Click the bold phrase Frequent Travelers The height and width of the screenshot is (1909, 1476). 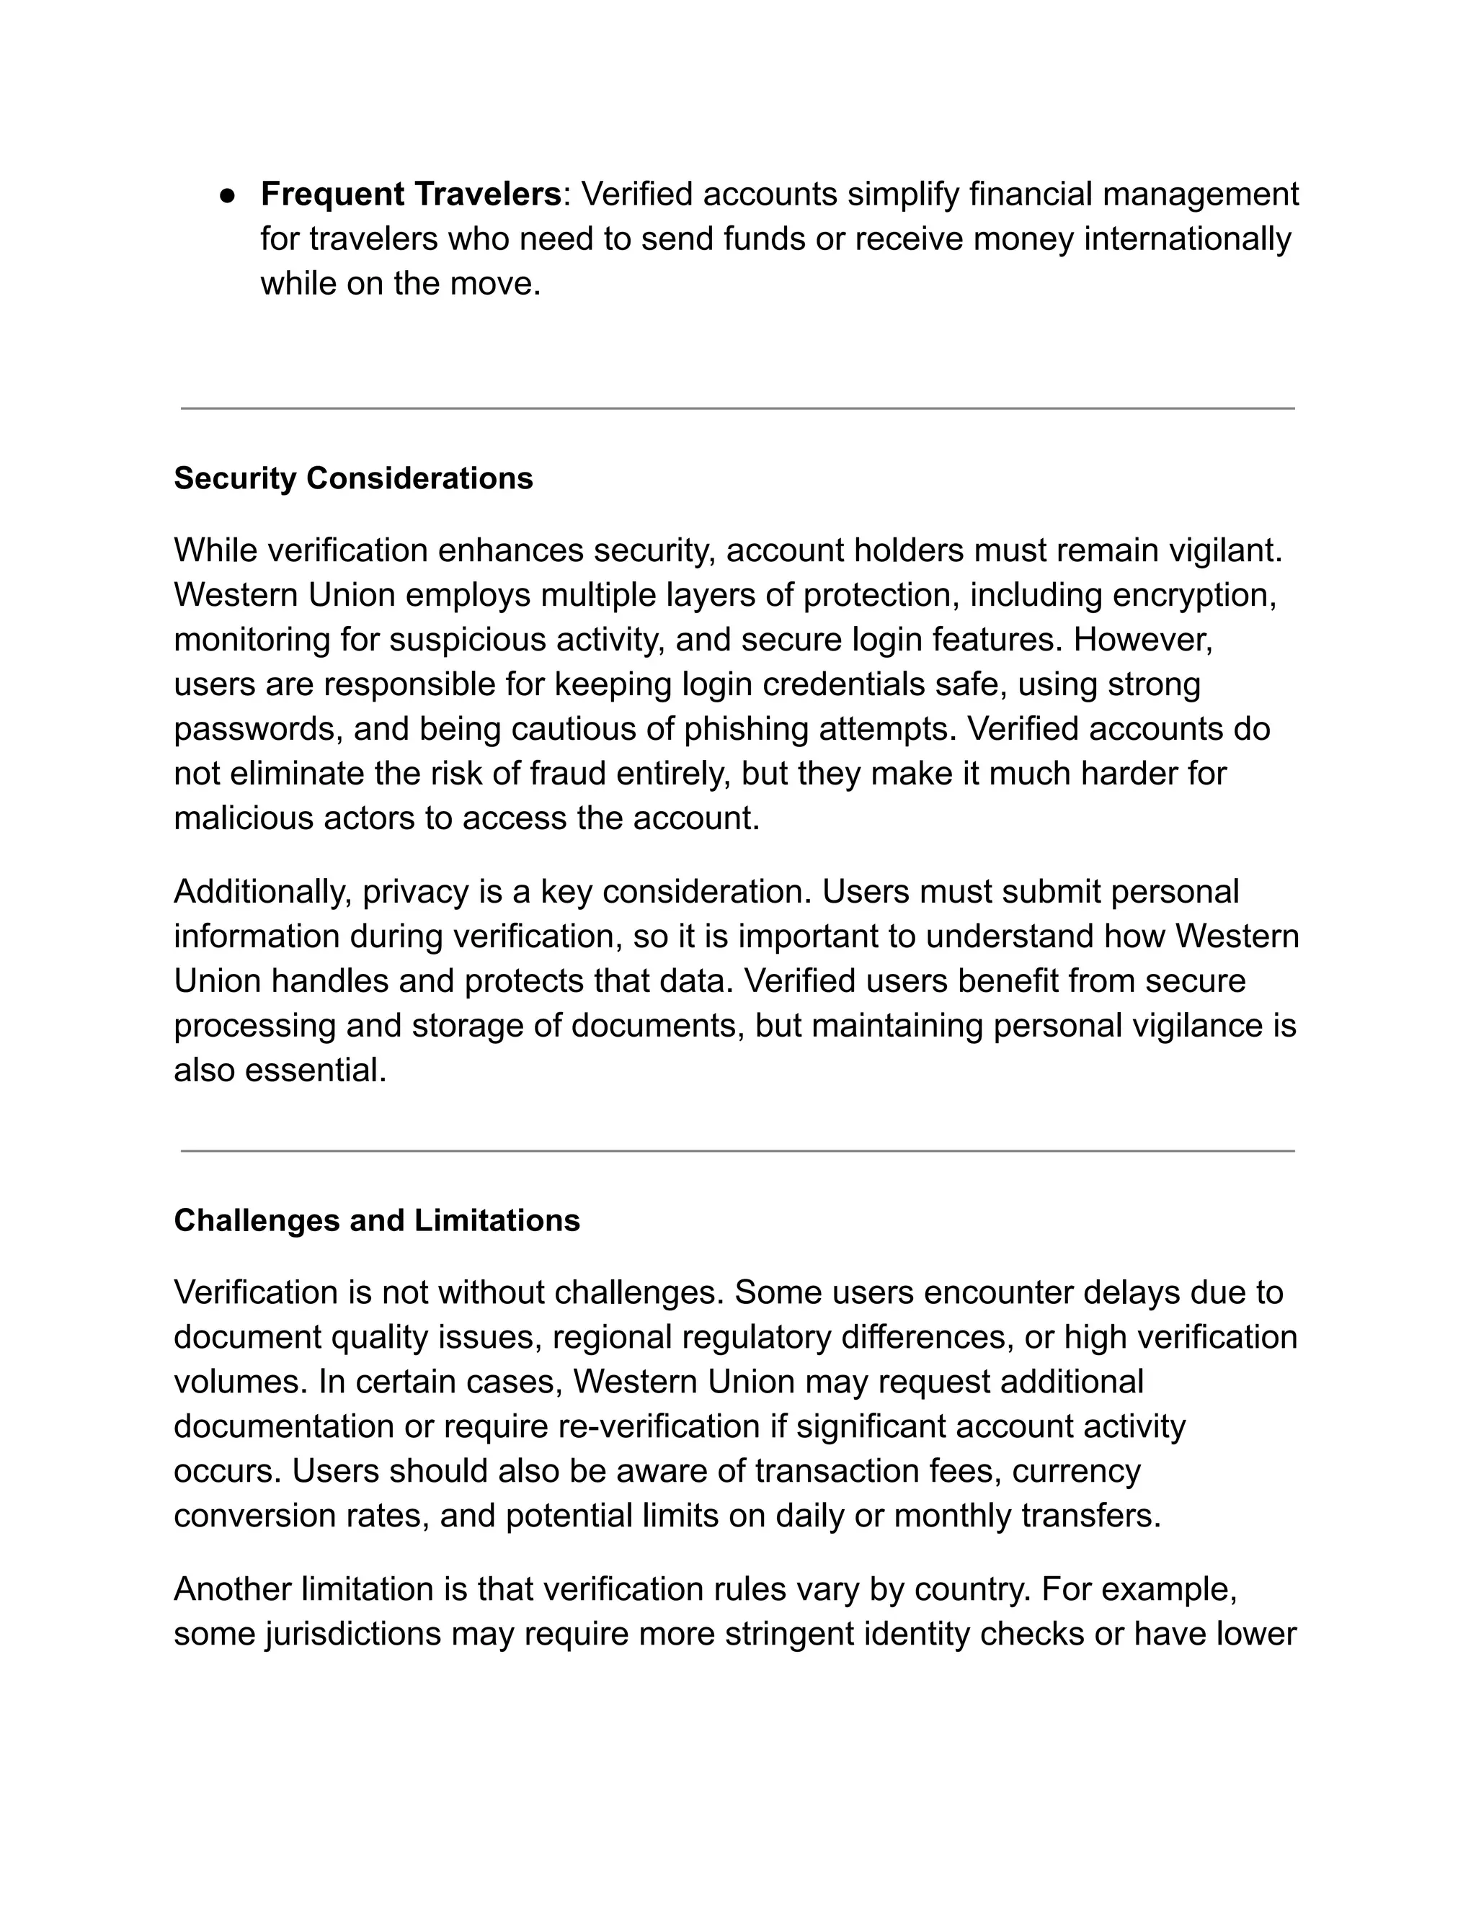[410, 194]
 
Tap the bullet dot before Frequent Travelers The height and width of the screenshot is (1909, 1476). [227, 196]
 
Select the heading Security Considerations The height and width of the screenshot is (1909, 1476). [353, 478]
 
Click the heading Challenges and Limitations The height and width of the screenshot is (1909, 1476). [376, 1220]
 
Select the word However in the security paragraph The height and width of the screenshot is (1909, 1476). [1142, 640]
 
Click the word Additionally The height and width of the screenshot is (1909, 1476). [262, 892]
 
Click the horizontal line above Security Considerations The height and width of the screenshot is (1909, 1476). [737, 408]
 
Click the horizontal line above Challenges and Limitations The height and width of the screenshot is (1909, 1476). [737, 1151]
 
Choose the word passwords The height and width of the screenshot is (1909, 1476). [258, 729]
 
